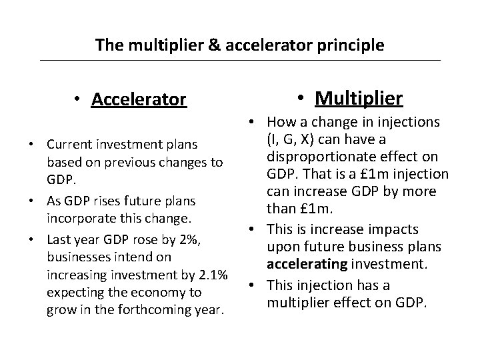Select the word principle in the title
coord(355,45)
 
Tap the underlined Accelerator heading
coord(139,100)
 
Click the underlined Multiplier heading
coord(359,99)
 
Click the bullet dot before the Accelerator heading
coord(78,99)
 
